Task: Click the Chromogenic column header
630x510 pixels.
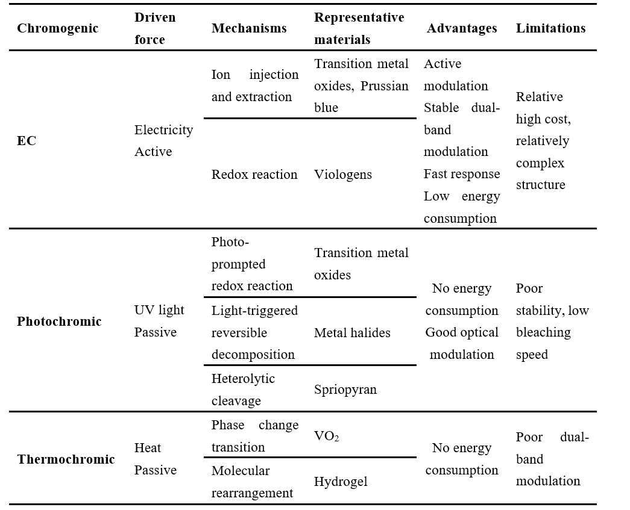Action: [57, 28]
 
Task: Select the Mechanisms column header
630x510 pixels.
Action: [249, 28]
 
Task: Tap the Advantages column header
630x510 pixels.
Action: [462, 28]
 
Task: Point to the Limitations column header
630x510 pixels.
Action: [551, 28]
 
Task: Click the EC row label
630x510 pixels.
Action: [27, 141]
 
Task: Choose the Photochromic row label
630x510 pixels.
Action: [59, 322]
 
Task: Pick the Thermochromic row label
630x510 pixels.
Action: [66, 459]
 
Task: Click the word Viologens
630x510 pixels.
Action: [342, 175]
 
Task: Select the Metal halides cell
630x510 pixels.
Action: [352, 332]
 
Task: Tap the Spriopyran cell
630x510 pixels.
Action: [345, 390]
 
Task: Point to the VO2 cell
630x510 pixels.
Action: [326, 436]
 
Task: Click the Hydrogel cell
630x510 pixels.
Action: [341, 482]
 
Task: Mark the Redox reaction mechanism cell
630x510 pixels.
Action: [254, 175]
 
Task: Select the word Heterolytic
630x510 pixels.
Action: [243, 379]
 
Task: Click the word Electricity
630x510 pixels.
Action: [163, 130]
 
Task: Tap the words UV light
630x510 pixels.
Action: [159, 310]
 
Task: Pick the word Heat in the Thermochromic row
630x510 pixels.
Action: [148, 448]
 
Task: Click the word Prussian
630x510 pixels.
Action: [384, 86]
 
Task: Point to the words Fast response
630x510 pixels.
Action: [462, 174]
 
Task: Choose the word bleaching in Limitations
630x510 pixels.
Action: [543, 332]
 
